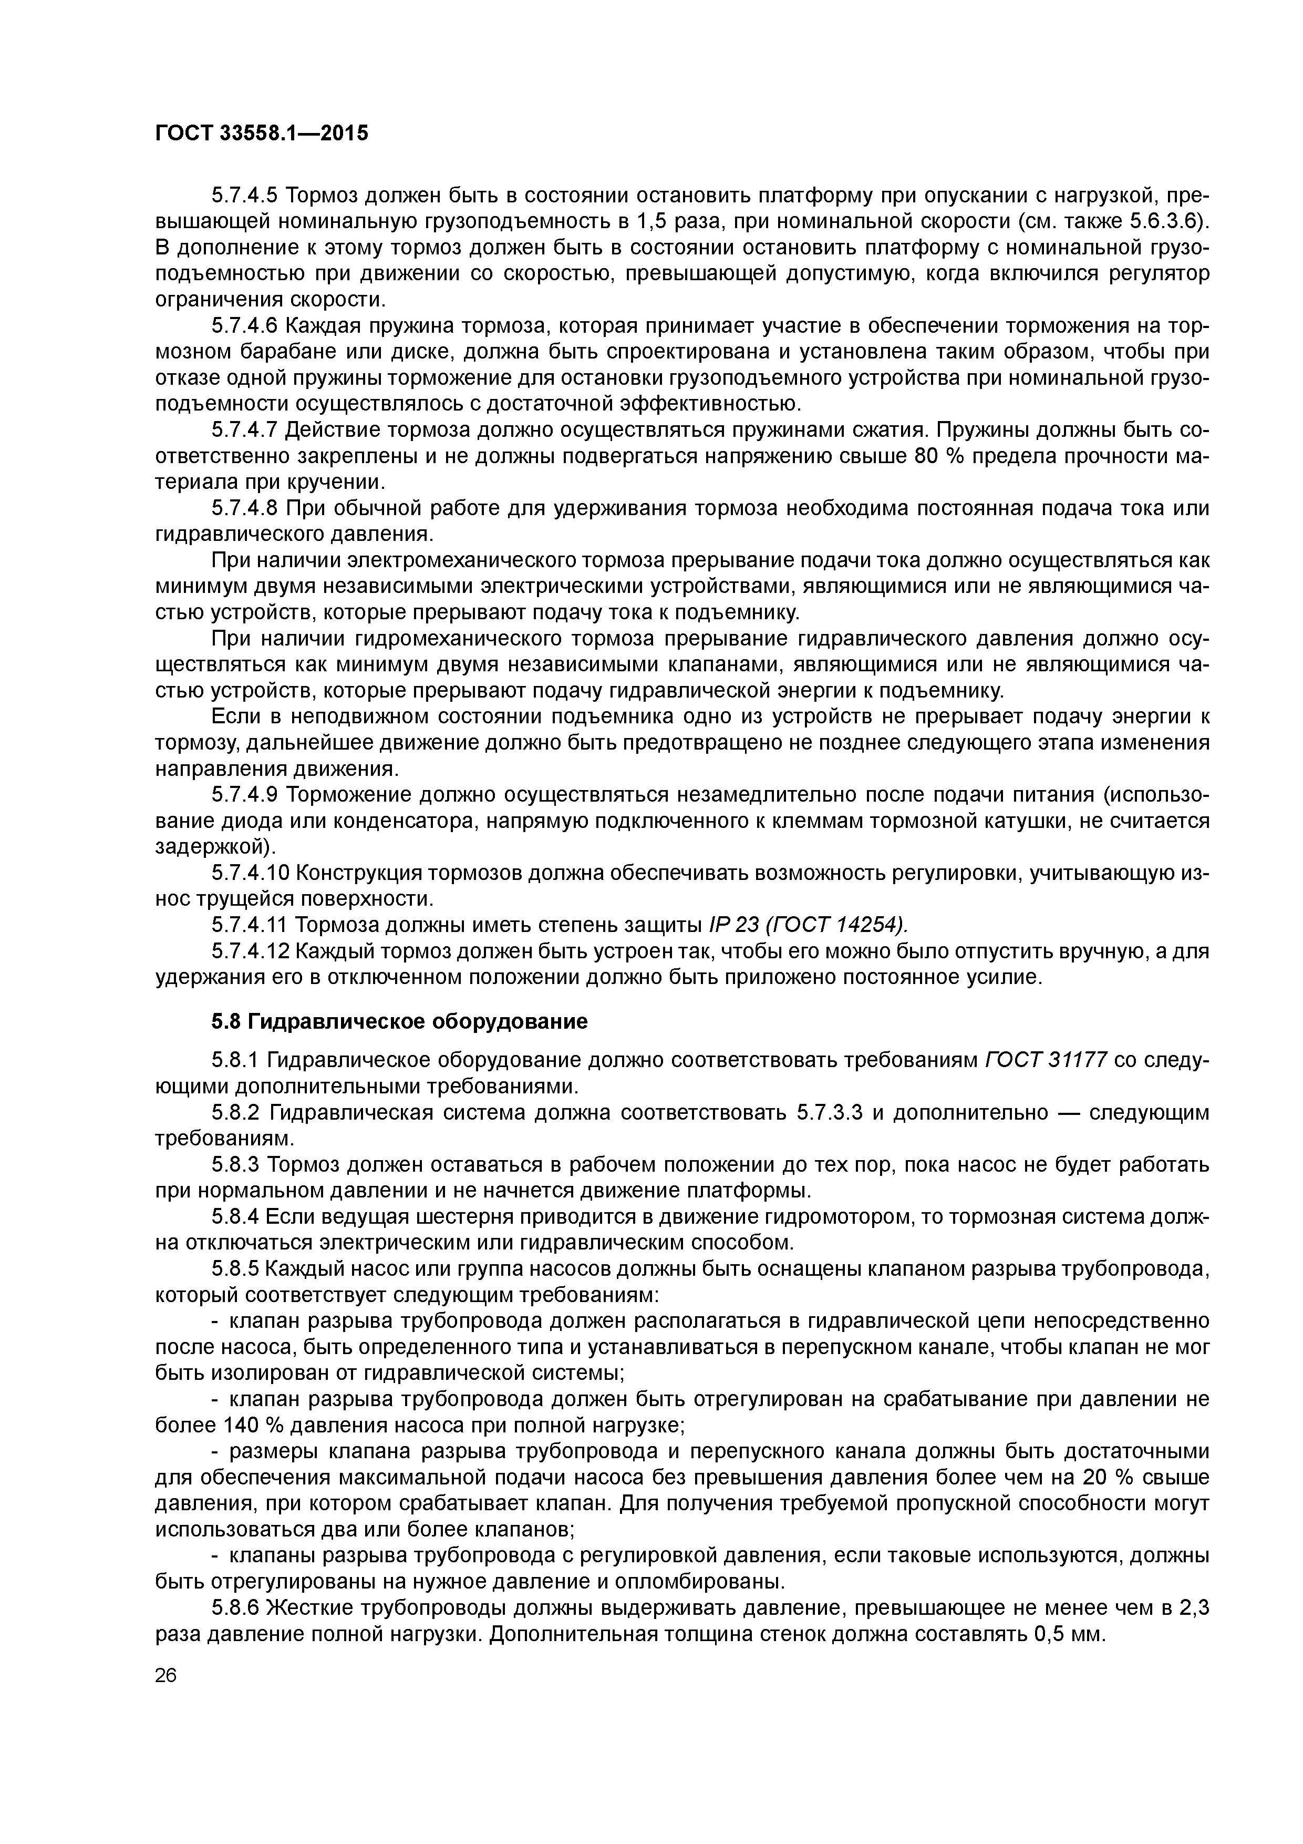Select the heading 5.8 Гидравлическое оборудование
399,1021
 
